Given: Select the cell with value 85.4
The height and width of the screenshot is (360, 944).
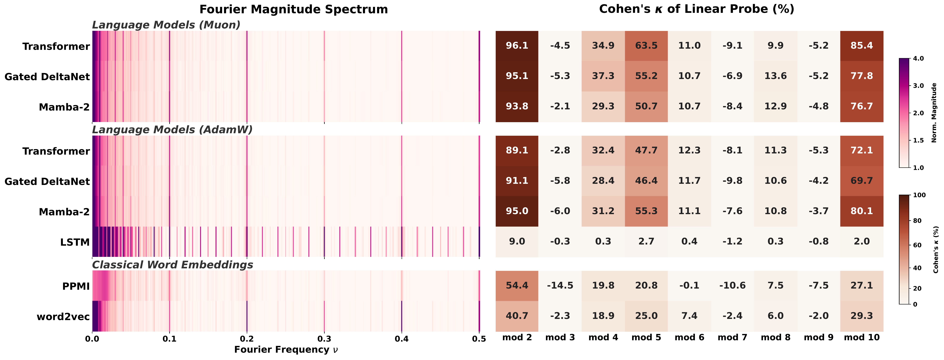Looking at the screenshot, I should click(862, 46).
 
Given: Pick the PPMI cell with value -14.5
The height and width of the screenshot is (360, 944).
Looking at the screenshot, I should click(560, 286).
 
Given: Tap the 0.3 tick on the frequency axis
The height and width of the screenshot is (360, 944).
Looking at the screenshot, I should click(324, 340).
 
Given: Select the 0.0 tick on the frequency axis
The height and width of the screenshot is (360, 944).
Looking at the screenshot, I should click(92, 340).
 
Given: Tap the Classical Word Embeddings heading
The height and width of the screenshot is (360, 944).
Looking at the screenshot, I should click(172, 265).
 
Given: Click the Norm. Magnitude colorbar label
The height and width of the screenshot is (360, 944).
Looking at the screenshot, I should click(934, 113).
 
